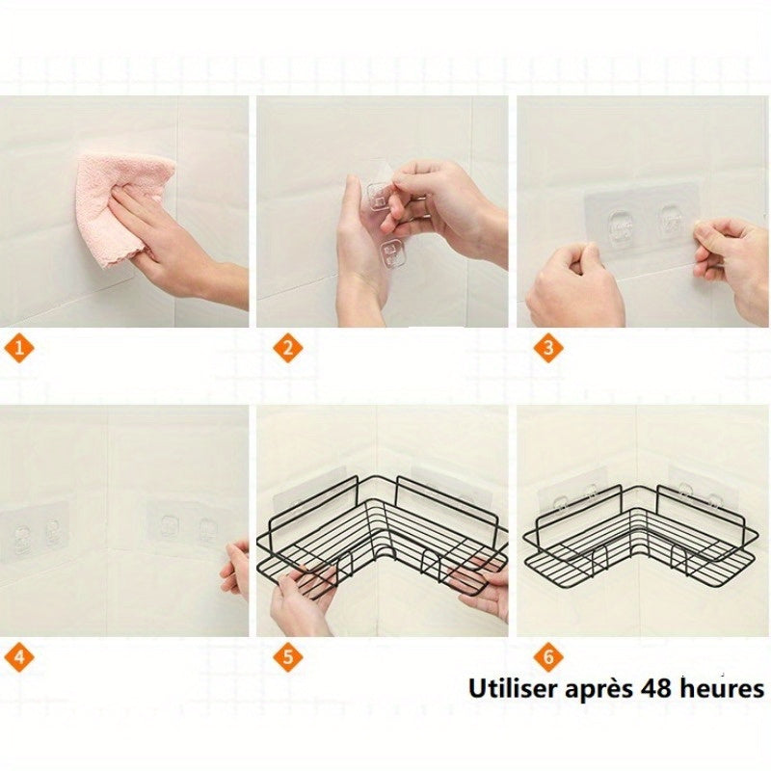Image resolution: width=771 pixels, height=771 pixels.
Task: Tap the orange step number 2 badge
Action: (284, 348)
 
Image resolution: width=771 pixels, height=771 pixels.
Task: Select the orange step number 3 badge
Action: (547, 348)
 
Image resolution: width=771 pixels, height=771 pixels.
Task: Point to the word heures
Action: (719, 689)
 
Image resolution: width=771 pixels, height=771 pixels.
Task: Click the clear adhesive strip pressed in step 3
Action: (641, 226)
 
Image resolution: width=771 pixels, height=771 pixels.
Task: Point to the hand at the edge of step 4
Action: (236, 569)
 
